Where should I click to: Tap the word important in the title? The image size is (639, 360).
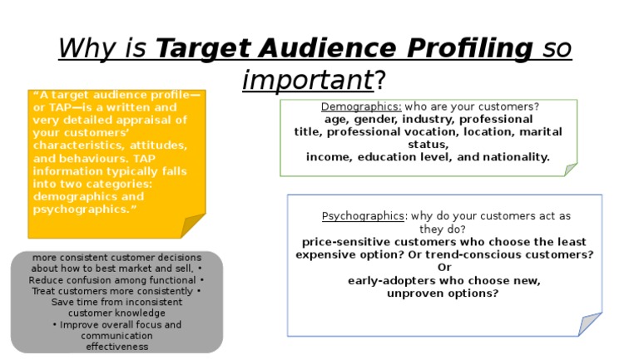point(308,81)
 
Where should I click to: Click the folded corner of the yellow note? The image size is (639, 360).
point(194,225)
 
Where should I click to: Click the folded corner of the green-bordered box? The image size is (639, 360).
point(571,170)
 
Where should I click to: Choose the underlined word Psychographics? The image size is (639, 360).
point(362,216)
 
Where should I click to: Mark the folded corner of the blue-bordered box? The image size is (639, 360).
point(590,323)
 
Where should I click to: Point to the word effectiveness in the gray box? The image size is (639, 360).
point(116,347)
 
